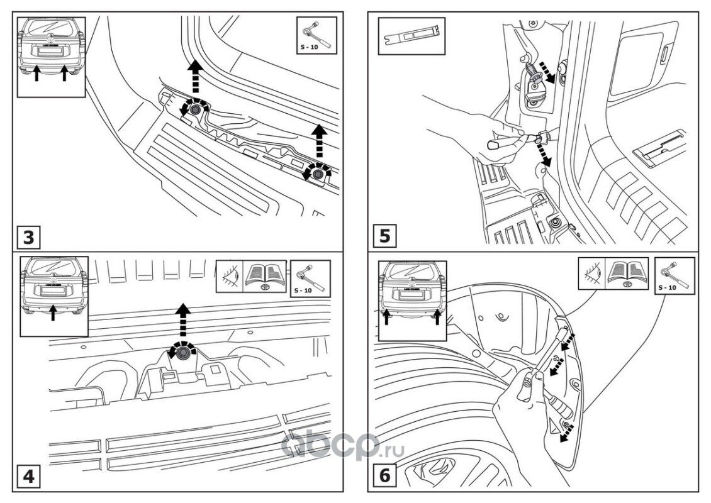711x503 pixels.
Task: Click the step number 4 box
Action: point(29,477)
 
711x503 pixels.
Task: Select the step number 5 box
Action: point(385,236)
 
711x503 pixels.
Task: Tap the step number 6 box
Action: point(385,476)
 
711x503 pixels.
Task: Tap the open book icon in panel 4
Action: point(265,277)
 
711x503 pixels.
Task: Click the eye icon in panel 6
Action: point(591,274)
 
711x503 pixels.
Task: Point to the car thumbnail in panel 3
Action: point(50,55)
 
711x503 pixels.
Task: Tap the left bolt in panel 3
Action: point(194,109)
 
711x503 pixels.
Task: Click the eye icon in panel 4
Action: point(229,277)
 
